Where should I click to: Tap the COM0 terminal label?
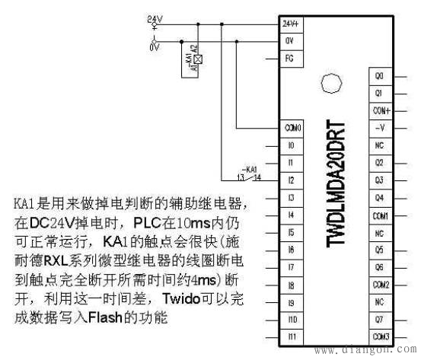[292, 127]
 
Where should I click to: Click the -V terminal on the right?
[380, 127]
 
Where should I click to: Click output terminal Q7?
[380, 318]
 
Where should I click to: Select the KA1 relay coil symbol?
[198, 59]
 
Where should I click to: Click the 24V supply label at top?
[153, 20]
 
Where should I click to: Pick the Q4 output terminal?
[380, 196]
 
